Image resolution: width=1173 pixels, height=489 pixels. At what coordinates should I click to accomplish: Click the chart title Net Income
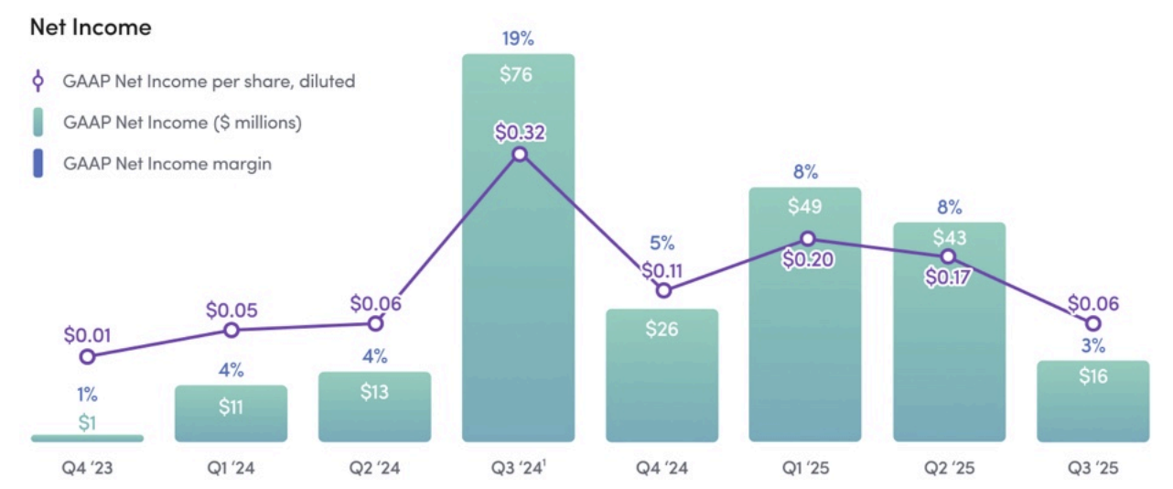[x=91, y=27]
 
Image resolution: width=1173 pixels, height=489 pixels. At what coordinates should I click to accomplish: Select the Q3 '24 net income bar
[x=518, y=275]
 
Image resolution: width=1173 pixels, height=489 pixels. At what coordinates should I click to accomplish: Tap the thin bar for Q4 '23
[x=87, y=439]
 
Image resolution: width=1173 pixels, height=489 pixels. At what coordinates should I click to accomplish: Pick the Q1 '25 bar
[x=805, y=348]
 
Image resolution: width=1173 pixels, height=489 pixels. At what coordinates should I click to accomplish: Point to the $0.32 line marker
[x=520, y=154]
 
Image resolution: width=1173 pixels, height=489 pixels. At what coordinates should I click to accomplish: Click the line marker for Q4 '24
[x=663, y=290]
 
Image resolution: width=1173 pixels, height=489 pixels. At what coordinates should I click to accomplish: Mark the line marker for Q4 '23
[x=87, y=357]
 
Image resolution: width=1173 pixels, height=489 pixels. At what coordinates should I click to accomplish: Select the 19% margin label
[x=518, y=38]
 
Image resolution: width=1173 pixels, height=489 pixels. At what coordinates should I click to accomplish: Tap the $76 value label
[x=518, y=74]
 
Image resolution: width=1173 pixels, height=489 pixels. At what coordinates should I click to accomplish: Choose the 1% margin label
[x=87, y=396]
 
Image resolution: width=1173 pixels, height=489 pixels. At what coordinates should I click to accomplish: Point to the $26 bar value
[x=662, y=328]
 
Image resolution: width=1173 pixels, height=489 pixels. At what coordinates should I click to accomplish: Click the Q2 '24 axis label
[x=374, y=469]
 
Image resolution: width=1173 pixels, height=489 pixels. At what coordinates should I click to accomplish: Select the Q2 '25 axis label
[x=949, y=469]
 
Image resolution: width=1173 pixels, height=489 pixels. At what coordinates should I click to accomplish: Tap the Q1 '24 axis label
[x=231, y=469]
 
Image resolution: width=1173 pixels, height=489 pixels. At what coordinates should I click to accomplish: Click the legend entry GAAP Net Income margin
[x=167, y=165]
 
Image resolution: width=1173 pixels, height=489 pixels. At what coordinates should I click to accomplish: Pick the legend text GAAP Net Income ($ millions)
[x=182, y=122]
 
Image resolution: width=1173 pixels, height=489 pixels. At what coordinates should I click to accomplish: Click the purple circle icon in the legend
[x=38, y=81]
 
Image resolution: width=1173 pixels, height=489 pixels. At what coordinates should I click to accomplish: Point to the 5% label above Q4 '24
[x=662, y=244]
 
